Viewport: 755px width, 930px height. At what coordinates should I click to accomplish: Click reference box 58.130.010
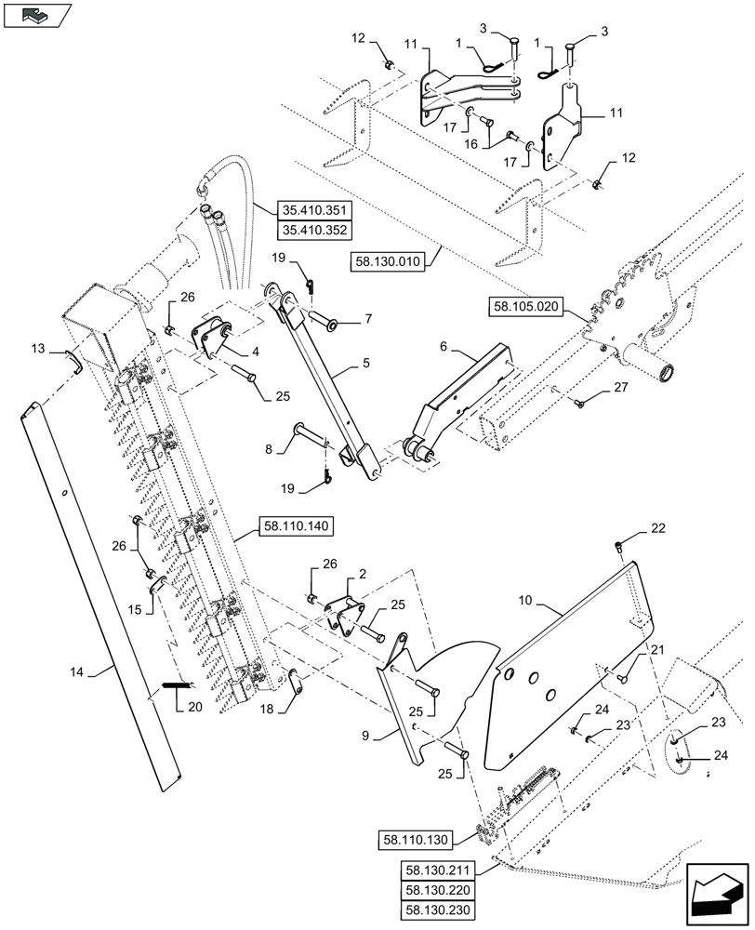coord(388,262)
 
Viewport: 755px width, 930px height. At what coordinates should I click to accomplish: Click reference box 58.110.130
coord(414,841)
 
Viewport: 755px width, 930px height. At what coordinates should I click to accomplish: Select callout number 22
coord(657,529)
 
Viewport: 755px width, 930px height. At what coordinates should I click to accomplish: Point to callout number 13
coord(36,348)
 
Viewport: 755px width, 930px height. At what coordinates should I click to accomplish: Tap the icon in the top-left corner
coord(36,15)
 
